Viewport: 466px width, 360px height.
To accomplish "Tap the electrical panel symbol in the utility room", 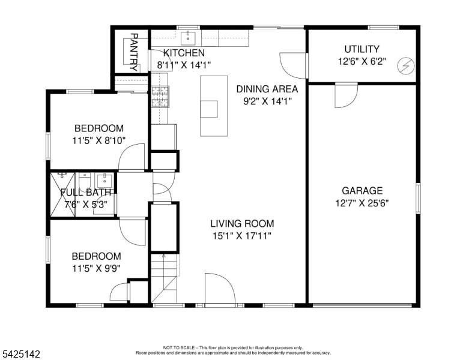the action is [x=406, y=65].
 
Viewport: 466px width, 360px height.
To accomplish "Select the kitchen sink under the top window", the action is [x=188, y=38].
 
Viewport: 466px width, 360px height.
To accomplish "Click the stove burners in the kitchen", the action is [x=160, y=97].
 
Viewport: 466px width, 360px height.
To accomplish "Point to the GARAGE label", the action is [x=362, y=190].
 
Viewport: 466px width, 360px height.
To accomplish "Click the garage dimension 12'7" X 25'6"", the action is [x=362, y=203].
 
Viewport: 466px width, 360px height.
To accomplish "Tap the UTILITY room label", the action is [x=362, y=49].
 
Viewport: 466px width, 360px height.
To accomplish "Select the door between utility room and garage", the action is [x=346, y=95].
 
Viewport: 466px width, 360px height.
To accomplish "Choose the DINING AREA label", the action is [x=267, y=89].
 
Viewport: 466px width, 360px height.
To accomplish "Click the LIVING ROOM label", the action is [x=242, y=223].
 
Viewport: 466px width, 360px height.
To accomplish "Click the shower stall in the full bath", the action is [x=62, y=194].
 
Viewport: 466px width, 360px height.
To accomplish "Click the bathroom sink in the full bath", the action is [x=104, y=180].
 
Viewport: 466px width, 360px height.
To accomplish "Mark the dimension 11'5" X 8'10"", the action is [x=98, y=140].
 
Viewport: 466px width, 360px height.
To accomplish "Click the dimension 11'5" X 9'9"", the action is [x=96, y=269].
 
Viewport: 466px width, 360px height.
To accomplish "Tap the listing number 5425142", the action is [x=21, y=354].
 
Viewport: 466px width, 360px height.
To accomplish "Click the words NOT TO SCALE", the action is [x=178, y=347].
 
